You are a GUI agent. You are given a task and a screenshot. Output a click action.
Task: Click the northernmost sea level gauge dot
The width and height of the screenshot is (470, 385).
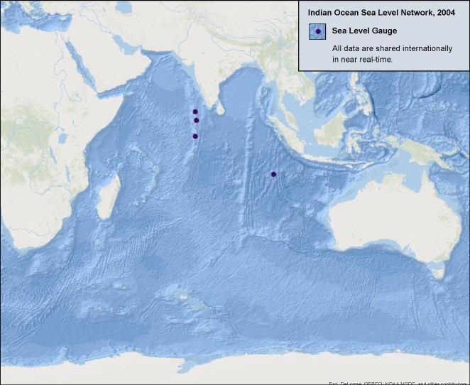(195, 112)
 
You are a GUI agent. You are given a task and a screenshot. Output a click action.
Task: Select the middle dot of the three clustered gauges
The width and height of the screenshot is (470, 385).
(196, 121)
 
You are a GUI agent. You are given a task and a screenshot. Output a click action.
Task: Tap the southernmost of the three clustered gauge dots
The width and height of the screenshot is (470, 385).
(195, 136)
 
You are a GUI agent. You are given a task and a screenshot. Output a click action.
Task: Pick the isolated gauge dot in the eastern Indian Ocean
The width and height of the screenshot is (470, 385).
(273, 174)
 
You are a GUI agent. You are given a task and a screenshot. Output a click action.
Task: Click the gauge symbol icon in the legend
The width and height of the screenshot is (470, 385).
(318, 31)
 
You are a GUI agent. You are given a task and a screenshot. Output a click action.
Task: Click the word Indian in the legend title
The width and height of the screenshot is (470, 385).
(320, 12)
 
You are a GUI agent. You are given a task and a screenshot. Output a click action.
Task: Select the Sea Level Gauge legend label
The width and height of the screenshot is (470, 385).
(364, 31)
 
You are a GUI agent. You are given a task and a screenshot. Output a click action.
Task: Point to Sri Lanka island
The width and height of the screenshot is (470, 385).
(220, 112)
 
